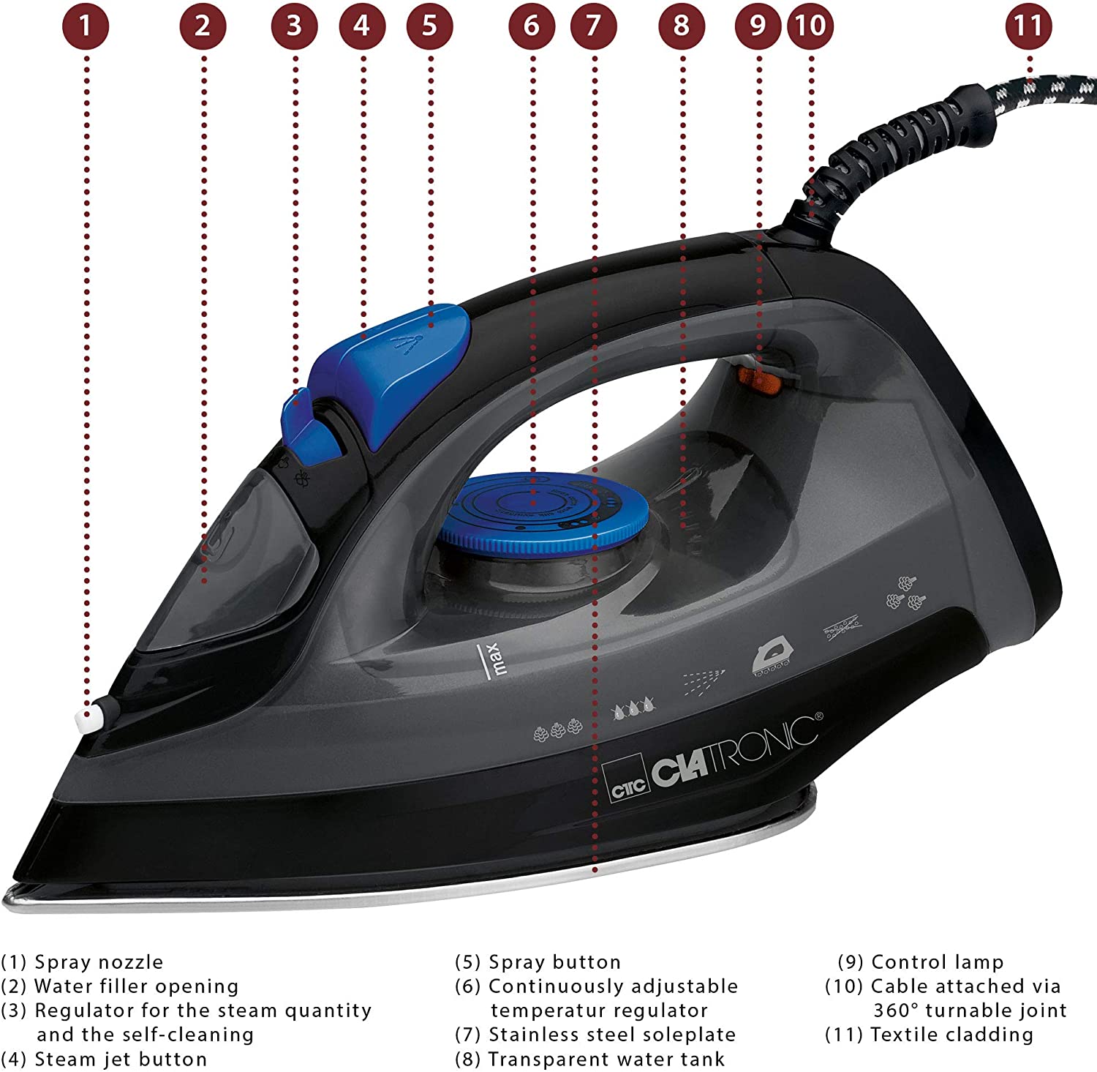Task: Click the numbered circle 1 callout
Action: coord(86,26)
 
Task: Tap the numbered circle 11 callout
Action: coord(1028,26)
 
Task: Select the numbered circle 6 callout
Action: coord(532,26)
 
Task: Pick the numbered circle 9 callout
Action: coord(758,26)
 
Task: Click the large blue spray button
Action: coord(410,351)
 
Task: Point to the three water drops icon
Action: coord(633,708)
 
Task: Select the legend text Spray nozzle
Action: coord(99,962)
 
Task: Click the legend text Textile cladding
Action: coord(951,1034)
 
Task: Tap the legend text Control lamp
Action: coord(938,962)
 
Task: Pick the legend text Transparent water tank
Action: coord(606,1058)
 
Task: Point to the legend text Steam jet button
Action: coord(121,1058)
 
